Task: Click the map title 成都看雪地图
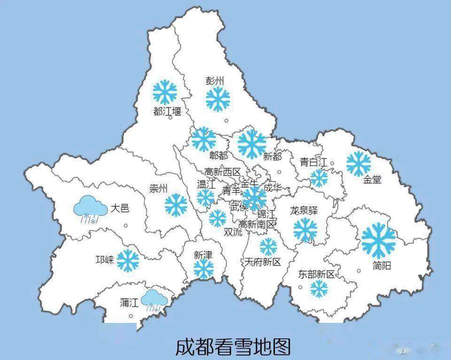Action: pyautogui.click(x=233, y=347)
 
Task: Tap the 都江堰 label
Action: pyautogui.click(x=167, y=111)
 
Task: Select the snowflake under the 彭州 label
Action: pyautogui.click(x=218, y=99)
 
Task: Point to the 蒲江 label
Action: pyautogui.click(x=129, y=303)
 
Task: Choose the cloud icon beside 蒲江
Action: pyautogui.click(x=155, y=300)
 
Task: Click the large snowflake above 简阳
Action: pyautogui.click(x=378, y=241)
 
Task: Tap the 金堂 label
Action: pyautogui.click(x=372, y=180)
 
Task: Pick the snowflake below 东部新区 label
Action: pyautogui.click(x=319, y=289)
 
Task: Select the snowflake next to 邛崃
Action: pyautogui.click(x=128, y=260)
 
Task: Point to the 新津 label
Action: pyautogui.click(x=203, y=255)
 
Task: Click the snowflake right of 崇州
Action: pyautogui.click(x=176, y=205)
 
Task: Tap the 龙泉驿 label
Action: pyautogui.click(x=304, y=210)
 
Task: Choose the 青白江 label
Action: pyautogui.click(x=313, y=163)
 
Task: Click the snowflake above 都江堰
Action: pyautogui.click(x=165, y=92)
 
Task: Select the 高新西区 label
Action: pyautogui.click(x=222, y=172)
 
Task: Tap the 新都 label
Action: pyautogui.click(x=272, y=157)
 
